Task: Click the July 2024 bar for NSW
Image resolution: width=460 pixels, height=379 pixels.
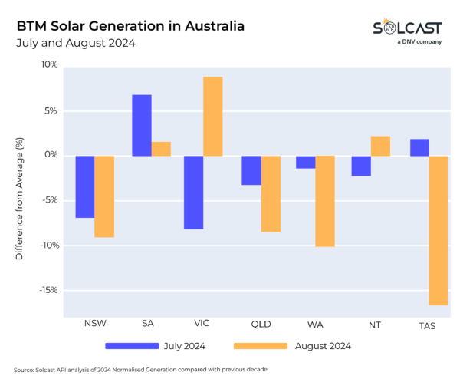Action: tap(85, 186)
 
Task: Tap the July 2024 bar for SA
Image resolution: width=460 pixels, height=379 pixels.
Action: tap(141, 125)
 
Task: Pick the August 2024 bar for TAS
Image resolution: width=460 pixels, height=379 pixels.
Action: tap(439, 230)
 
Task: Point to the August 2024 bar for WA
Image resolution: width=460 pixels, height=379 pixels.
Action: tap(326, 201)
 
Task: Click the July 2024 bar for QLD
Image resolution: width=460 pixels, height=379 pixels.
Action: tap(251, 170)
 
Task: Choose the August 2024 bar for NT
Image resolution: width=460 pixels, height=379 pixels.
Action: tap(380, 146)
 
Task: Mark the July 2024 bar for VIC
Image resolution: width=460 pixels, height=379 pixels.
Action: tap(194, 193)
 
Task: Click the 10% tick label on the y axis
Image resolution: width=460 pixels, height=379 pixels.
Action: tap(49, 64)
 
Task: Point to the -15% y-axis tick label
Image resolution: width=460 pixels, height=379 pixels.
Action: tap(48, 290)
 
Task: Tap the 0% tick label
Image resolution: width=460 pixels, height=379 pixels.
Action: tap(51, 155)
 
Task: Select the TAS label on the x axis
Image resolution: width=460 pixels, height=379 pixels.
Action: tap(428, 324)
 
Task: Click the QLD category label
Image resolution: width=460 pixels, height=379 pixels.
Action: tap(261, 324)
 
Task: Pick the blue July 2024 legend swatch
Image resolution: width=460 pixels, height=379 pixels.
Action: tap(131, 346)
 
